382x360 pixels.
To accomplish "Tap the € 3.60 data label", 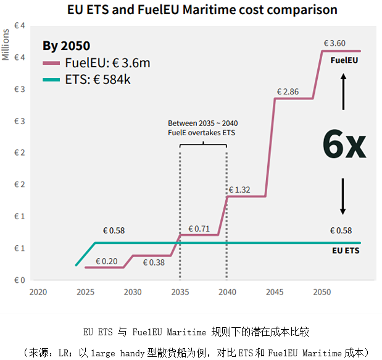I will (334, 43).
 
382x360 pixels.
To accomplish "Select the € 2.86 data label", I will (287, 91).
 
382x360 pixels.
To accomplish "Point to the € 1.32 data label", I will (239, 190).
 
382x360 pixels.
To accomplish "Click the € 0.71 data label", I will (199, 228).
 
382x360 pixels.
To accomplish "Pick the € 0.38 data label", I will (154, 262).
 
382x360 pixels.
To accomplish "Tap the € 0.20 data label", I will (106, 261).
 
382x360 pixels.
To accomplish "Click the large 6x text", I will (344, 144).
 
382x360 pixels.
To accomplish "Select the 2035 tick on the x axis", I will (180, 291).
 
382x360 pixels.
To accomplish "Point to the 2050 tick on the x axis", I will (322, 291).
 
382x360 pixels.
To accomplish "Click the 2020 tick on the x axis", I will (38, 291).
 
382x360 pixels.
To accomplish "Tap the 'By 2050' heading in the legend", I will (66, 46).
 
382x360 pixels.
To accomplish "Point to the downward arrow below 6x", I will (344, 196).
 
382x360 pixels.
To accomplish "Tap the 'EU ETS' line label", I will (346, 251).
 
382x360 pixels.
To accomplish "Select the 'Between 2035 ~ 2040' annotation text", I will (202, 123).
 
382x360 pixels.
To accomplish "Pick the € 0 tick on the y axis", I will (20, 280).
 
